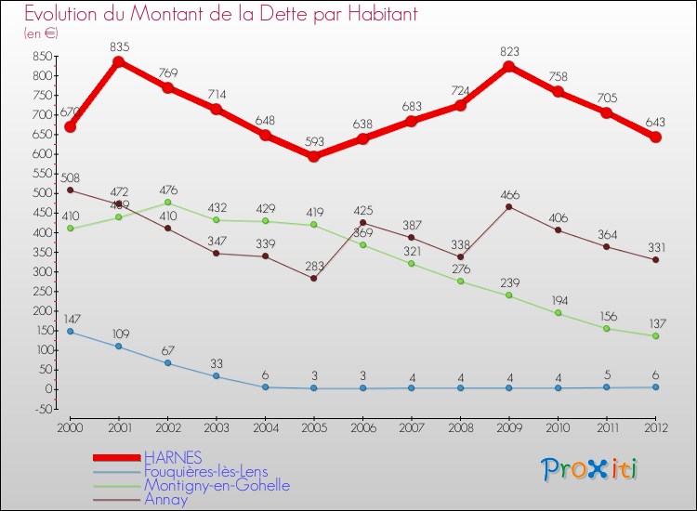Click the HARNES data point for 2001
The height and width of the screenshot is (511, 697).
[119, 62]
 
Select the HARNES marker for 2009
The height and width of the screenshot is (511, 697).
[509, 67]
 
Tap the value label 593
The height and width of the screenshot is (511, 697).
[314, 142]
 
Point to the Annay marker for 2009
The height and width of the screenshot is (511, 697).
[509, 206]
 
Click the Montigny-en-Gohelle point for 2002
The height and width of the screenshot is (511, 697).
[167, 203]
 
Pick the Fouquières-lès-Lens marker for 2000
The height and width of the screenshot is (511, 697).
[70, 332]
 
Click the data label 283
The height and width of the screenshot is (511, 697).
[314, 263]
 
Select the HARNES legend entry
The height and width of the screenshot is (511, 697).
[172, 459]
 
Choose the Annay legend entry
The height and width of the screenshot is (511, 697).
[165, 500]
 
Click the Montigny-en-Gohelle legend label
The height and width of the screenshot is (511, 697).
[217, 486]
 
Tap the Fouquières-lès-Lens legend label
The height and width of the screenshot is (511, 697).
[205, 472]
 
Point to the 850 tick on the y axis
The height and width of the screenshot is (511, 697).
[41, 56]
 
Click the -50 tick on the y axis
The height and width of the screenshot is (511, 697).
[41, 409]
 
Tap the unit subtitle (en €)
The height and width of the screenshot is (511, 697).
[42, 33]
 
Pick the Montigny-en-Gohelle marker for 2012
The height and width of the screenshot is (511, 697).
[655, 336]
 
